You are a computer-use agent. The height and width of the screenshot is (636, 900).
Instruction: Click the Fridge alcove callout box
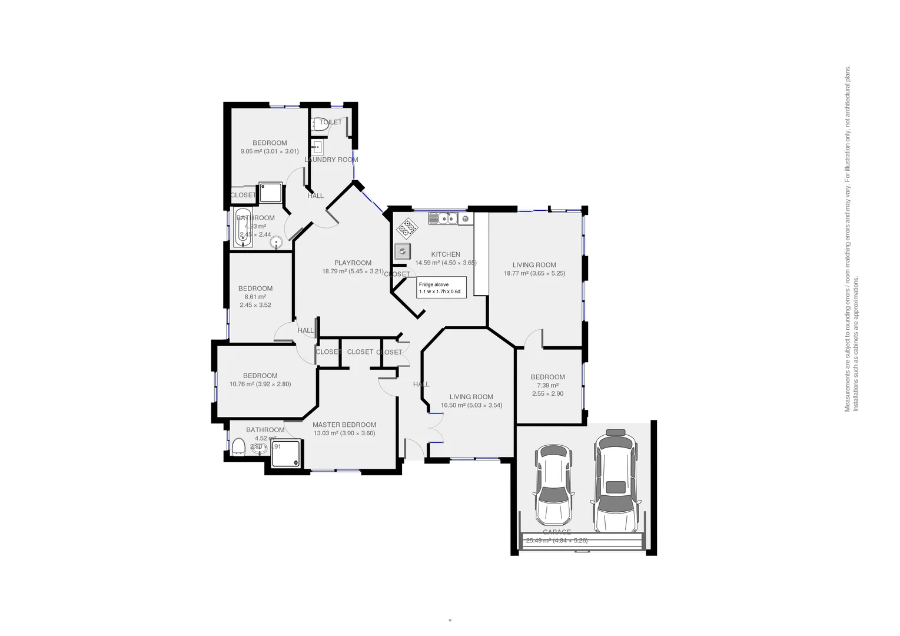[x=441, y=287]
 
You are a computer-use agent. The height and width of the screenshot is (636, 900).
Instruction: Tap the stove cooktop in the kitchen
[x=407, y=227]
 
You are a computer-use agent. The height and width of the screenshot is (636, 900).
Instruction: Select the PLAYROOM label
[x=353, y=263]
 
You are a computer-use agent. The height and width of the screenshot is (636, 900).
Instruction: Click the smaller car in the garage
[x=553, y=485]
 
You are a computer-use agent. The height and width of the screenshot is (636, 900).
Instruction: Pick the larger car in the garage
[x=616, y=480]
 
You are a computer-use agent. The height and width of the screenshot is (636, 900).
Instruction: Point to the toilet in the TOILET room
[x=320, y=125]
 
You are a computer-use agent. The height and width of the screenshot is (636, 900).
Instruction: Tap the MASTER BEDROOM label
[x=344, y=425]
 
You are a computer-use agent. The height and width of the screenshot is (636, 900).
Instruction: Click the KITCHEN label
[x=445, y=254]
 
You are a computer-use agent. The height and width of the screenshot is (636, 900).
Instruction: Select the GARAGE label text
[x=556, y=532]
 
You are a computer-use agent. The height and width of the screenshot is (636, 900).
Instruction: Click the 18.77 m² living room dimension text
[x=534, y=273]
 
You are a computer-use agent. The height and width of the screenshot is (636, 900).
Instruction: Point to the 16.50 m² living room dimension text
[x=471, y=405]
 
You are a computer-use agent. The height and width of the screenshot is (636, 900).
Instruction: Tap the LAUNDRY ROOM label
[x=331, y=160]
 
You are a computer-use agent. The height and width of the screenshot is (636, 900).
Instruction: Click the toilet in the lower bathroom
[x=238, y=448]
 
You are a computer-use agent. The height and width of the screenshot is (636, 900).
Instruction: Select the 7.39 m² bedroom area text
[x=547, y=385]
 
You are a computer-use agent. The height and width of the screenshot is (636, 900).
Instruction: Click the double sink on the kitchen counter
[x=443, y=218]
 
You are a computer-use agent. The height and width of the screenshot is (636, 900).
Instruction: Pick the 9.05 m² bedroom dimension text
[x=270, y=151]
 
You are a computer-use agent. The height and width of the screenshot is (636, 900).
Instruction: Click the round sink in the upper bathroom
[x=277, y=242]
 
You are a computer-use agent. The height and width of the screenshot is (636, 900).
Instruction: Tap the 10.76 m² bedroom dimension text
[x=260, y=384]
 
